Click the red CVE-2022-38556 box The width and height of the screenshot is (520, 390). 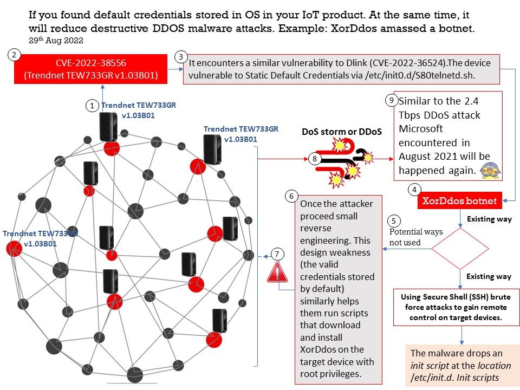coord(90,69)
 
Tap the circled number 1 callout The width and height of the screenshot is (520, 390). coord(93,106)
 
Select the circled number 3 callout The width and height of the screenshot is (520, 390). coord(180,57)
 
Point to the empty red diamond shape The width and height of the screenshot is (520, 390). coord(460,249)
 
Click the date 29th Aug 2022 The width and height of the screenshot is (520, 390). coord(56,41)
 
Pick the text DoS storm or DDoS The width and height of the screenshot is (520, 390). coord(342,132)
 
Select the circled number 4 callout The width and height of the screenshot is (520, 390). coord(414,190)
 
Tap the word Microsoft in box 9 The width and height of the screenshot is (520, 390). coord(421,129)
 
